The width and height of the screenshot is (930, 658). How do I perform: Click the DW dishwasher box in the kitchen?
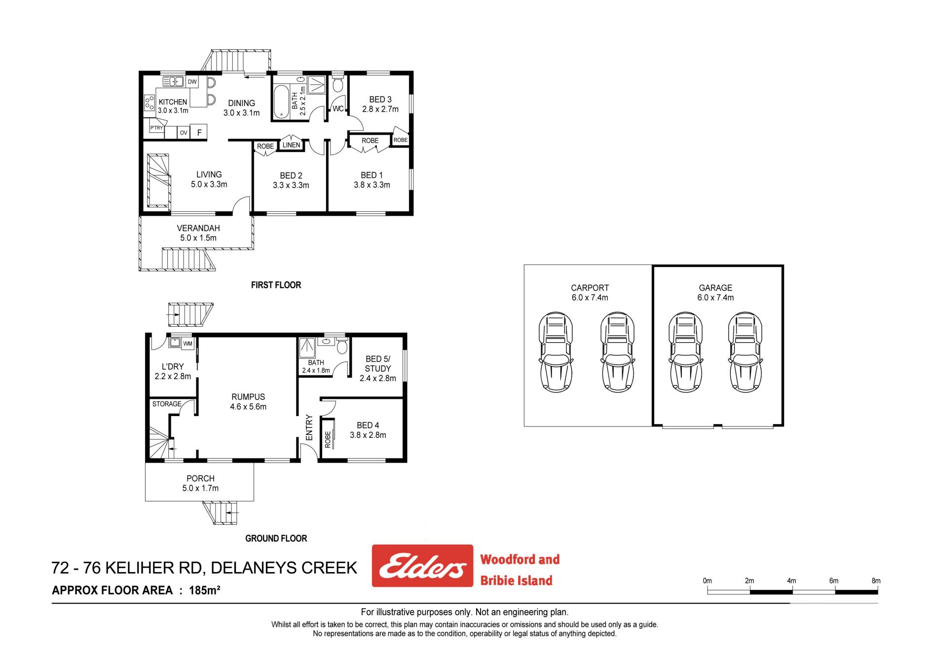click(192, 82)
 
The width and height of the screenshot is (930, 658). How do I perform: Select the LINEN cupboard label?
click(291, 145)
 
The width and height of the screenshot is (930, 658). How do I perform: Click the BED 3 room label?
click(380, 100)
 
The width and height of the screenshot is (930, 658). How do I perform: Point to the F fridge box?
click(199, 132)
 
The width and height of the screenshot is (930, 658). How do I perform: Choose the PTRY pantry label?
click(156, 128)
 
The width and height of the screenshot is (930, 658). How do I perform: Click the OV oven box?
click(184, 133)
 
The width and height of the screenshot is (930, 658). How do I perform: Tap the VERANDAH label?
click(198, 229)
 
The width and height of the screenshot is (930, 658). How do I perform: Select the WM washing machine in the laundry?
click(188, 344)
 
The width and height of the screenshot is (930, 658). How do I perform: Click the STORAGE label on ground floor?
click(167, 404)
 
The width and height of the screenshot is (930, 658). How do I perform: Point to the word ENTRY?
click(309, 427)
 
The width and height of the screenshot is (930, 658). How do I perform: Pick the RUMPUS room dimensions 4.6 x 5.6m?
click(248, 407)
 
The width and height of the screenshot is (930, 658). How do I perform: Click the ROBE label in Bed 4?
click(328, 440)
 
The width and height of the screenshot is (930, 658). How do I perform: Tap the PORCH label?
click(200, 478)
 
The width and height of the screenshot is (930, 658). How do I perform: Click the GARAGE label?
click(715, 288)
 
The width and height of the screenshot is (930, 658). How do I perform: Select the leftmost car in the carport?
click(556, 352)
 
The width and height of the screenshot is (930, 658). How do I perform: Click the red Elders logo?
click(423, 566)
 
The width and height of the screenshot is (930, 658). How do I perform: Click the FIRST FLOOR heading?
click(276, 285)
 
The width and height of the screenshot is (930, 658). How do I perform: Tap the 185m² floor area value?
click(204, 590)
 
